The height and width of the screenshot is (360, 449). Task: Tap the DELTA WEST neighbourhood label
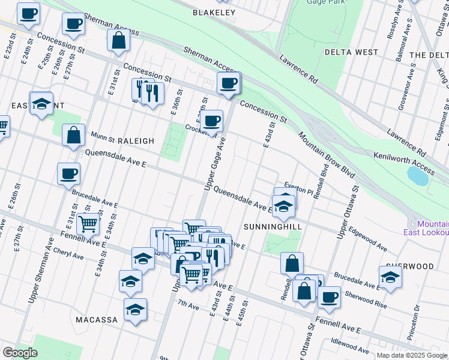(x=351, y=52)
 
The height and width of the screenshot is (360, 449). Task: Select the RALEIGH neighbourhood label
(x=136, y=141)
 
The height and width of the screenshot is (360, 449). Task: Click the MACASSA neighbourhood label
(x=97, y=320)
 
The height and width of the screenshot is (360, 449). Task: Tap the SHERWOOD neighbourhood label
(x=410, y=266)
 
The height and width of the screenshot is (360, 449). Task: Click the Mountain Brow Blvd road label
(x=327, y=154)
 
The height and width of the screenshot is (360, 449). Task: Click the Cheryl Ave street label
(x=68, y=254)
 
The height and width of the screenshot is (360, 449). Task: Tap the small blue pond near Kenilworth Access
(x=418, y=175)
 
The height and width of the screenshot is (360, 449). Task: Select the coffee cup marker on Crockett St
(x=211, y=121)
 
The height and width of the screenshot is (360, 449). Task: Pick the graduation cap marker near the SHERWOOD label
(x=390, y=277)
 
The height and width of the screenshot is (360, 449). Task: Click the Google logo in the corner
(x=20, y=353)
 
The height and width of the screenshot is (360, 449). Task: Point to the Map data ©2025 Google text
(x=411, y=355)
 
